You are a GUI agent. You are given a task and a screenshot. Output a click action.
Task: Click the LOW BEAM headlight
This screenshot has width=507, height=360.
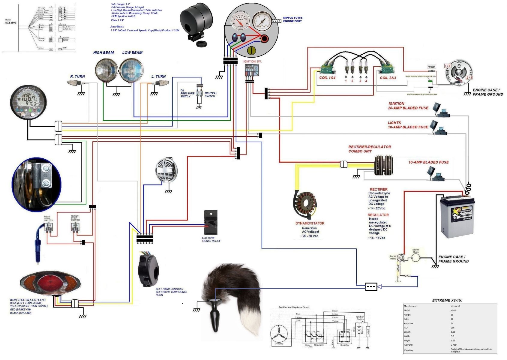coord(131,70)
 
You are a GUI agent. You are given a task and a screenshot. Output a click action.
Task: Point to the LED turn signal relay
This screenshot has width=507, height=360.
coord(211,222)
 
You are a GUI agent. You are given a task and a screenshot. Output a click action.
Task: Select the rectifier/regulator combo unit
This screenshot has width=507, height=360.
coord(383,165)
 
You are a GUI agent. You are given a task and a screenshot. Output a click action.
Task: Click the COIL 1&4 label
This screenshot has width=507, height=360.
coord(327,78)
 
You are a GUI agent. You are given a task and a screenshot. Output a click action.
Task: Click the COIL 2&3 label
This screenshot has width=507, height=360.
coord(388,78)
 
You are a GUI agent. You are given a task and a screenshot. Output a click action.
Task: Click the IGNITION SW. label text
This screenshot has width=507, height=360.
coord(252,61)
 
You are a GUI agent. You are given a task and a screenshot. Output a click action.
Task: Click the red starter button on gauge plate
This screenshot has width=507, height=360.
coord(264,39)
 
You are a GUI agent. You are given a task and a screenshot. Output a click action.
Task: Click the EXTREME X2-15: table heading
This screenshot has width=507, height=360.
coord(447,300)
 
